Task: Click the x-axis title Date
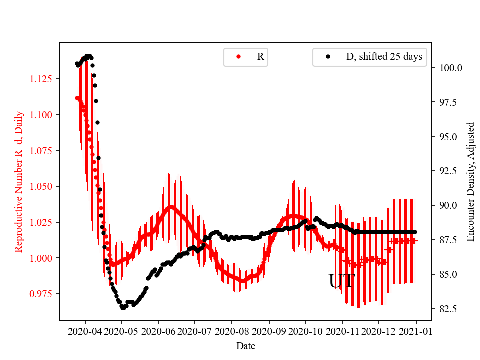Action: click(x=245, y=345)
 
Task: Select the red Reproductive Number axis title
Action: click(x=19, y=181)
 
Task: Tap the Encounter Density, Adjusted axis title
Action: click(x=470, y=181)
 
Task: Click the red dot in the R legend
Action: click(x=238, y=57)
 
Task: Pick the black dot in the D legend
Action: click(x=328, y=57)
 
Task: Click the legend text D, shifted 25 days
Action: click(x=384, y=57)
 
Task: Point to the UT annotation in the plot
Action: click(x=341, y=281)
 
